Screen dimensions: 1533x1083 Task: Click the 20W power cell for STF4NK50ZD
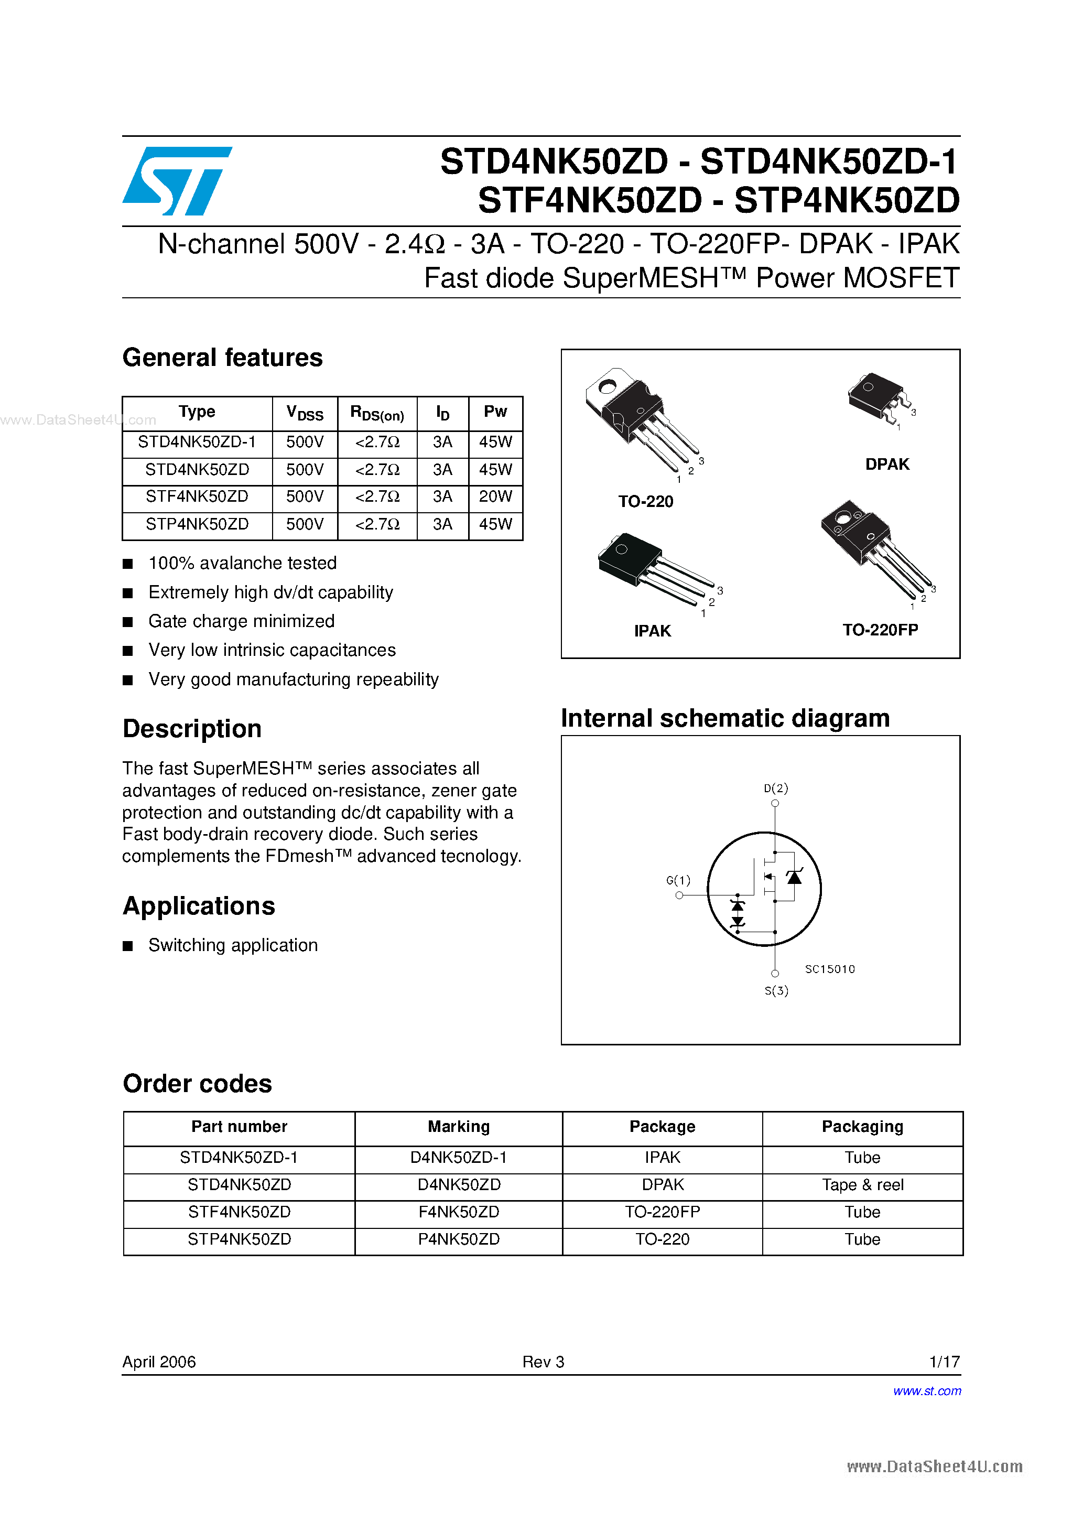click(495, 496)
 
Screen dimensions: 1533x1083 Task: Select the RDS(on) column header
click(377, 413)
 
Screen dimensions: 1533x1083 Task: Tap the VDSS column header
click(305, 413)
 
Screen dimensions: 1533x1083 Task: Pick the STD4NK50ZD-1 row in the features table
click(197, 442)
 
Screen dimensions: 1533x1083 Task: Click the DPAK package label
click(887, 464)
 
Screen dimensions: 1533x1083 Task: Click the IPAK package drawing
click(651, 567)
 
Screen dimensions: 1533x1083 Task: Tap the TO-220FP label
click(880, 630)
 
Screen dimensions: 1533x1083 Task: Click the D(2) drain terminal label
click(775, 788)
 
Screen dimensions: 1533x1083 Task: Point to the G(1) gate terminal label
click(678, 880)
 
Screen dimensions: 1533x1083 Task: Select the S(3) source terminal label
click(776, 991)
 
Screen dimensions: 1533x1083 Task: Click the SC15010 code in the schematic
click(829, 969)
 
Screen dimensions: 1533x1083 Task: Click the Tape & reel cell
click(862, 1184)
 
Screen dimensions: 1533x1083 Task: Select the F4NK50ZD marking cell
click(459, 1212)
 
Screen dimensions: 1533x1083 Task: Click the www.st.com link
click(927, 1391)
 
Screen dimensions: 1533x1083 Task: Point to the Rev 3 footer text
click(543, 1362)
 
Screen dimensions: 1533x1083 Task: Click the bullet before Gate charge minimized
click(128, 622)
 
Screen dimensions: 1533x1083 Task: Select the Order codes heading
click(198, 1084)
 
